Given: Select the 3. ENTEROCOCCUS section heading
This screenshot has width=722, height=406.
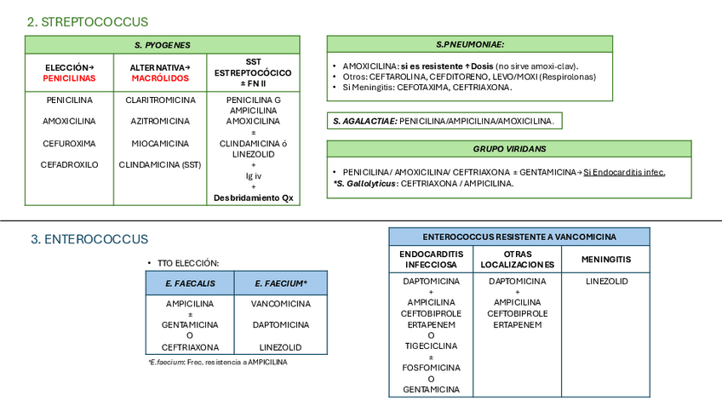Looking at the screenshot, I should tap(89, 240).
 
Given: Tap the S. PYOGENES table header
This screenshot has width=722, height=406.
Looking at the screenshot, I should tap(163, 45).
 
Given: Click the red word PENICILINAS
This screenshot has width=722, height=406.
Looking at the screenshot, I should tap(69, 77).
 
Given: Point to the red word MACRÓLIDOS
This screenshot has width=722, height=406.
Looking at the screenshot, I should tap(160, 77).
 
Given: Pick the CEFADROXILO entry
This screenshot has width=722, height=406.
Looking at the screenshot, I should tap(69, 164).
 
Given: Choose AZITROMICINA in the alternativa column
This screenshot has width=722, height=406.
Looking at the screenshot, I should tap(160, 121).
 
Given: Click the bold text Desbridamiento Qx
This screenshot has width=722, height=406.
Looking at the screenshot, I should tap(254, 198).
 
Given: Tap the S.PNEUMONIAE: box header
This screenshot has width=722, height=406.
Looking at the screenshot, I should tap(470, 44).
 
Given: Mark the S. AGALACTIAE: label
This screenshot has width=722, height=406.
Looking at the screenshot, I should tap(364, 122).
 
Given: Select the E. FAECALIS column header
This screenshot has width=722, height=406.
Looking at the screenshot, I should tap(190, 283).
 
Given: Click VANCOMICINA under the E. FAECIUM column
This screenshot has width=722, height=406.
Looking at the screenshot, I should tap(280, 303).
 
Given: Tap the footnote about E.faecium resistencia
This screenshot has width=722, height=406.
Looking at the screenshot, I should tap(218, 362).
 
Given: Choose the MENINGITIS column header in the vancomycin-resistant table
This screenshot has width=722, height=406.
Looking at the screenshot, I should tap(606, 259).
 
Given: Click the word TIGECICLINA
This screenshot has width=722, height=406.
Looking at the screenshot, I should tap(431, 346).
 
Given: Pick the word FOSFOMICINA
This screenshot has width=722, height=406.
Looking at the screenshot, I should tap(431, 368).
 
